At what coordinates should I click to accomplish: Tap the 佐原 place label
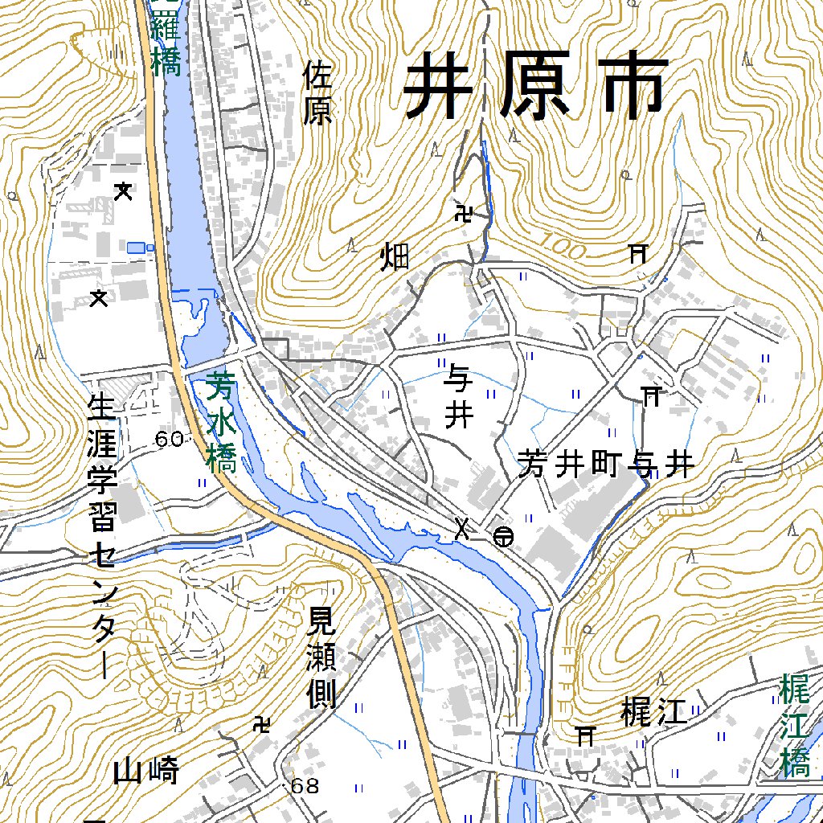(317, 95)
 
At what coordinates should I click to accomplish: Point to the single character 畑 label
(395, 257)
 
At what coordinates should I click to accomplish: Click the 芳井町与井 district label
(605, 464)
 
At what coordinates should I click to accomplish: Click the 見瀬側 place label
(321, 657)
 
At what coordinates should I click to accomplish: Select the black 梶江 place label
(655, 712)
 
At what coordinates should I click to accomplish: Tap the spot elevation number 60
(170, 439)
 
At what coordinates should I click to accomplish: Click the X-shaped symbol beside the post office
(462, 528)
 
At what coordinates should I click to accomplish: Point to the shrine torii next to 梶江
(586, 734)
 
